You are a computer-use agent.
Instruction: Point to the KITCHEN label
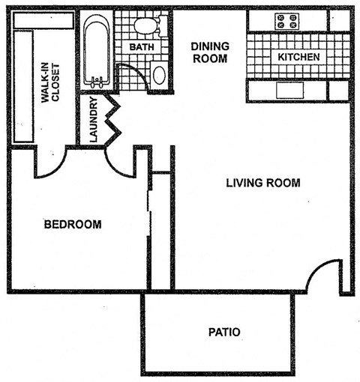pyautogui.click(x=298, y=57)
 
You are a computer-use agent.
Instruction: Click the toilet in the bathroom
pyautogui.click(x=145, y=27)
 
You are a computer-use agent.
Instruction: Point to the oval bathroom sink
pyautogui.click(x=159, y=75)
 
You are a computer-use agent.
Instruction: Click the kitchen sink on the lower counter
pyautogui.click(x=289, y=91)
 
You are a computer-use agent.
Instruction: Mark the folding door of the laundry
pyautogui.click(x=113, y=120)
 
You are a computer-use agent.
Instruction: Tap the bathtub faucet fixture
pyautogui.click(x=97, y=77)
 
